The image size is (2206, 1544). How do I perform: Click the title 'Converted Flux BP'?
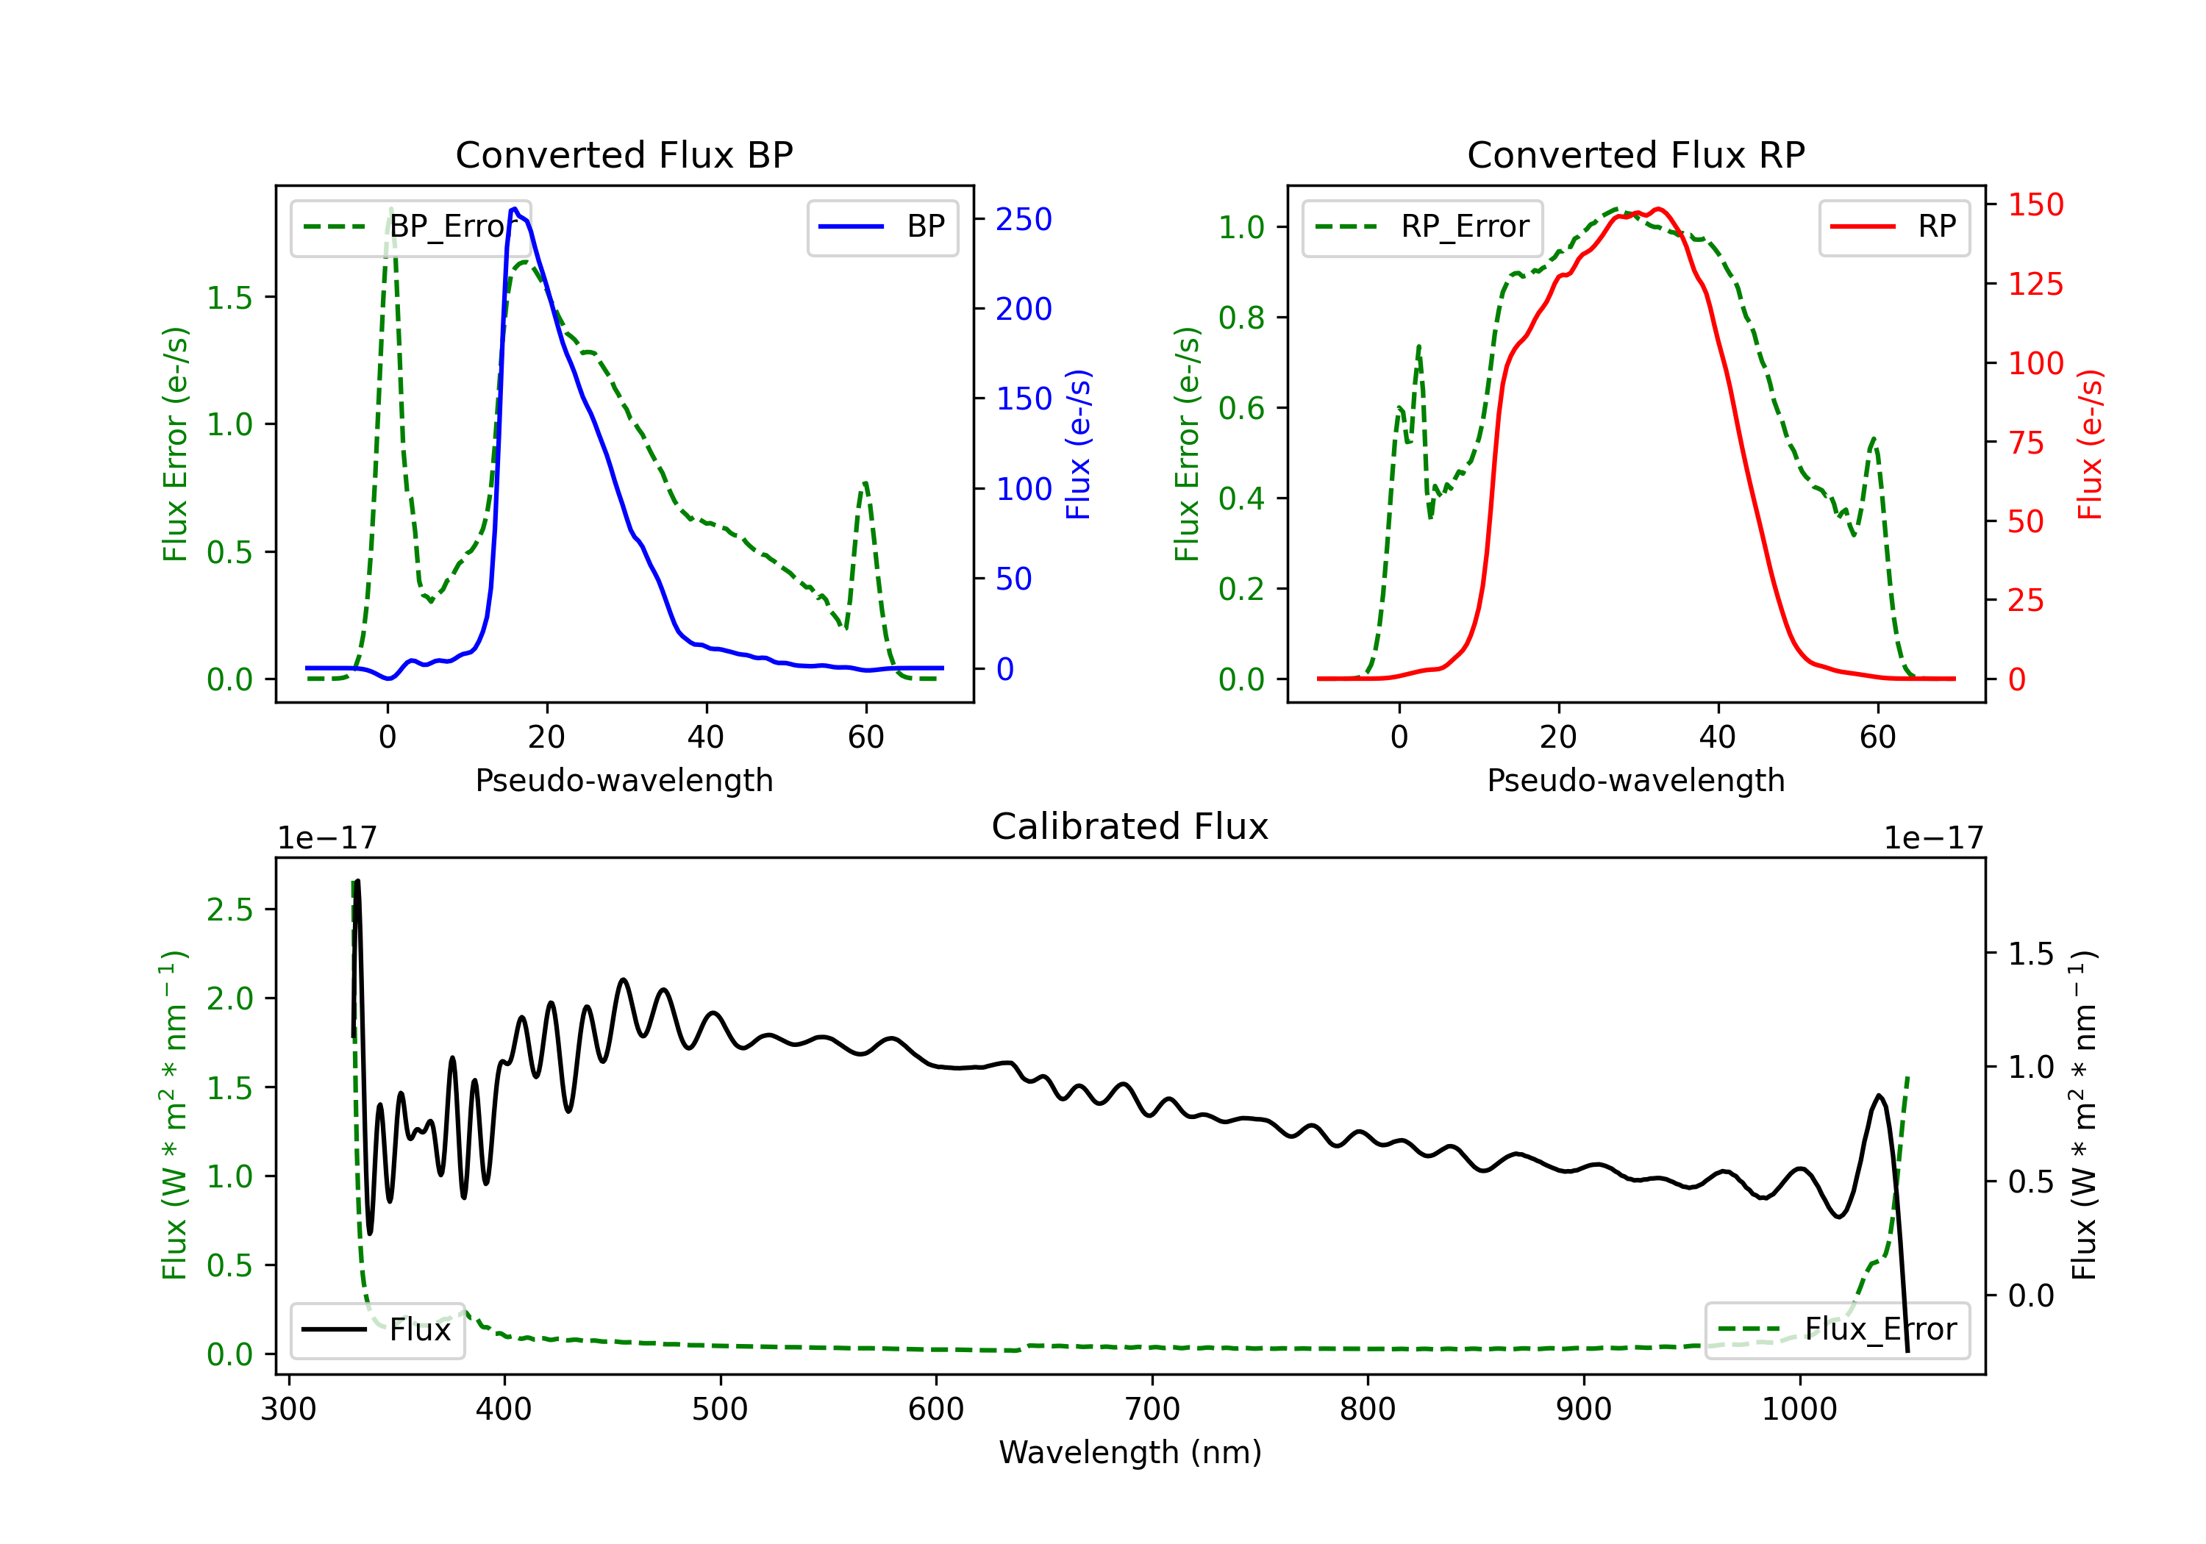coord(624,154)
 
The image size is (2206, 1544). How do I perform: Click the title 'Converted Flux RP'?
coord(1635,154)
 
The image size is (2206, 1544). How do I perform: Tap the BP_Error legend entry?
coord(410,226)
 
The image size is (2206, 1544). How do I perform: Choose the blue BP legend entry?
coord(882,226)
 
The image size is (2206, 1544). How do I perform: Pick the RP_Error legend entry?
coord(1422,226)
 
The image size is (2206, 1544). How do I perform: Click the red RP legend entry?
coord(1893,226)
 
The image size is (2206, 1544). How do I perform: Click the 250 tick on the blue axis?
coord(1024,219)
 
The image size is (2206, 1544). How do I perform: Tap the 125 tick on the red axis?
coord(2035,284)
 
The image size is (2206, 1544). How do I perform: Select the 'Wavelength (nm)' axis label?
coord(1130,1452)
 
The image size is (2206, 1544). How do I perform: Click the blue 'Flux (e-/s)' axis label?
coord(1079,444)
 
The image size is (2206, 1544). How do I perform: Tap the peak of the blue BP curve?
coord(515,209)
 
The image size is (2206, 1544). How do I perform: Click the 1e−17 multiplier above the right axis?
coord(1933,838)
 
